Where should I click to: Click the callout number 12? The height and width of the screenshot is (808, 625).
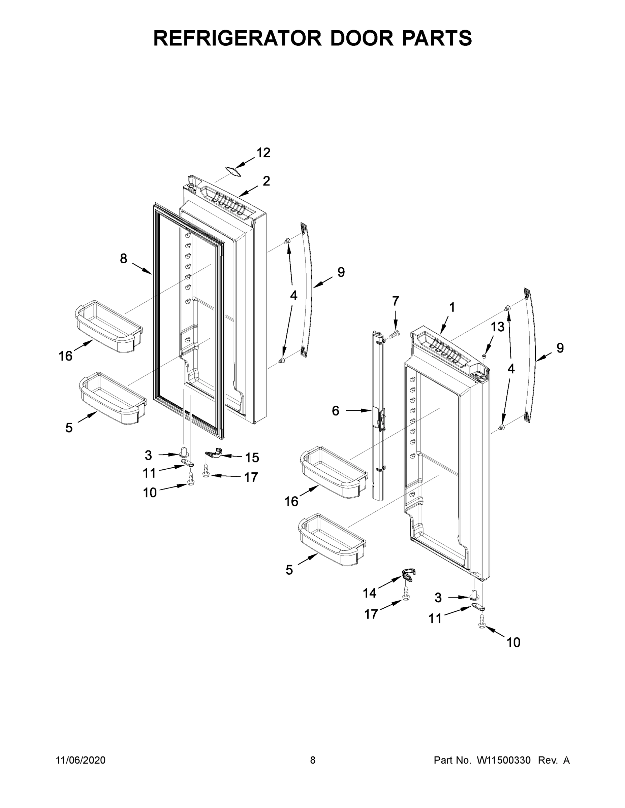tap(263, 153)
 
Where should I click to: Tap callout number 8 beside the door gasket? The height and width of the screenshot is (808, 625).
tap(123, 259)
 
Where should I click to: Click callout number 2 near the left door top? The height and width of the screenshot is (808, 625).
tap(266, 181)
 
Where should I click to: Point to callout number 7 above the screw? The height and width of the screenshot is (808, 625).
tap(396, 301)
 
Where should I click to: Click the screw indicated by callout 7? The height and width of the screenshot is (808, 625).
tap(394, 334)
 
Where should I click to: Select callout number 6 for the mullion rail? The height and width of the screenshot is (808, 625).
tap(335, 411)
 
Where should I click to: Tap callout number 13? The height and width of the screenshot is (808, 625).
tap(497, 327)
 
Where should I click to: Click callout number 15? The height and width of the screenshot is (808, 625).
tap(252, 458)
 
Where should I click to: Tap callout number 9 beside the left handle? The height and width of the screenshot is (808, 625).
tap(341, 272)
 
